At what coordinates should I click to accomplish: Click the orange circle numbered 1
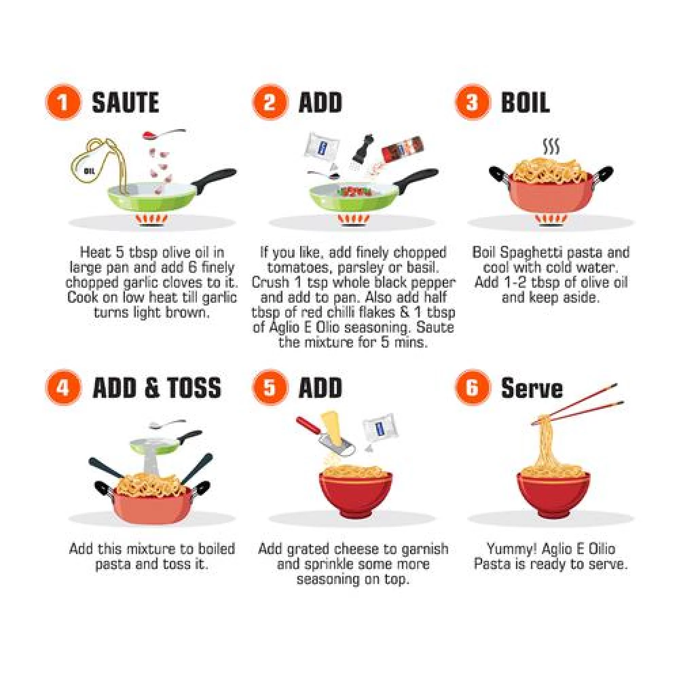62,103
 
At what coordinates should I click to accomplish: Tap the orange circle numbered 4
62,387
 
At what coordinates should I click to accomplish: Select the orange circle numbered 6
473,387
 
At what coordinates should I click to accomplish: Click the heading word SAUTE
126,103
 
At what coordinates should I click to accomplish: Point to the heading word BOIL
526,103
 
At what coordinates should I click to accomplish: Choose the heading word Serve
532,388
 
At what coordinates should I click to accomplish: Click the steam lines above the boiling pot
551,147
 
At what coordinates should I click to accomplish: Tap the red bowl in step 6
553,494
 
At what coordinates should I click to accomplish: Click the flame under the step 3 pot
551,219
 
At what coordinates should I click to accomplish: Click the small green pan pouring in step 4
166,442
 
